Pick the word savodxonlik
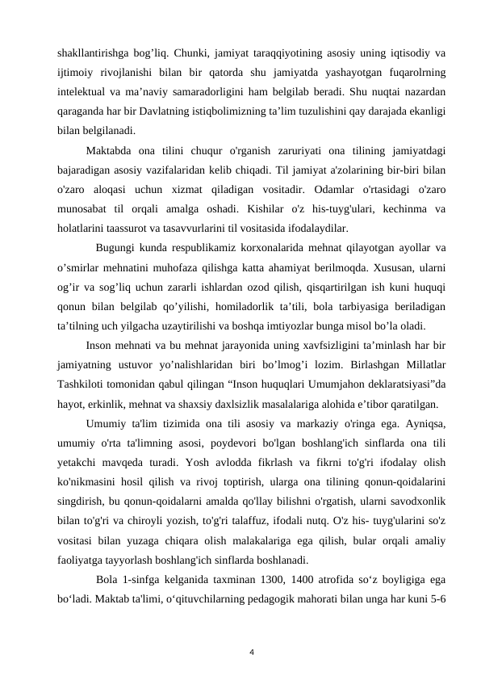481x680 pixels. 418,497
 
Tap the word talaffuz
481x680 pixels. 250,517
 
